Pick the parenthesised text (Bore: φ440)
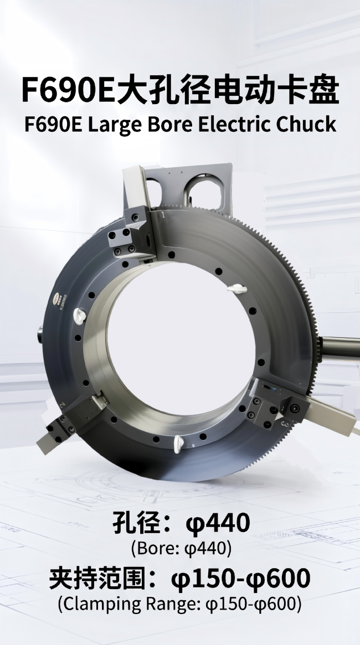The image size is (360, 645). (x=181, y=548)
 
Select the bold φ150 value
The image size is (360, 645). (x=203, y=578)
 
